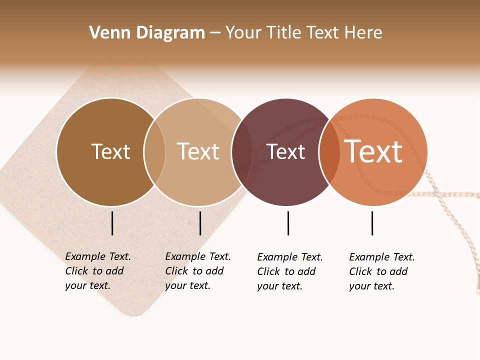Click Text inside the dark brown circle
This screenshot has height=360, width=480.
click(110, 151)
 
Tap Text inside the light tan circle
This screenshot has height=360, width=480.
click(198, 151)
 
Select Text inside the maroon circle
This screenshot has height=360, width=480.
click(286, 151)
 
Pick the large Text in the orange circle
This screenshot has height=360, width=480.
click(373, 151)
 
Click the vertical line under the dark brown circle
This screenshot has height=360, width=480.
click(112, 223)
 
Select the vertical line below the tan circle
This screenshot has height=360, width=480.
click(200, 223)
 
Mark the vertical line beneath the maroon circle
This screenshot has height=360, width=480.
click(288, 223)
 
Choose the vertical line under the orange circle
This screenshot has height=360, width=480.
click(372, 223)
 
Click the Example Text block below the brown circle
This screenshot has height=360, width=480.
click(97, 271)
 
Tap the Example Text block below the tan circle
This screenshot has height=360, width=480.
click(197, 271)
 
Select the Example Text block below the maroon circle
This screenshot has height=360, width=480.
click(289, 271)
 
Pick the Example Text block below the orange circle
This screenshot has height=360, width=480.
click(381, 271)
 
